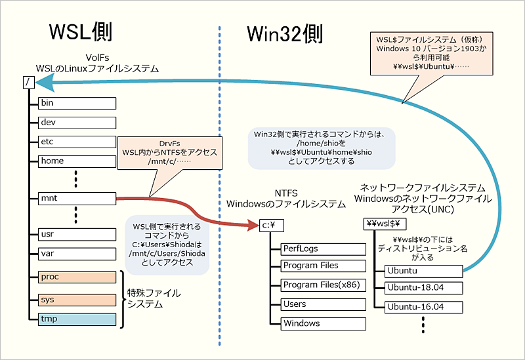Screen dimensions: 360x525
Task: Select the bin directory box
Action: [77, 103]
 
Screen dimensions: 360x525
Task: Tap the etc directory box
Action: [77, 142]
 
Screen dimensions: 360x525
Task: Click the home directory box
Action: [77, 161]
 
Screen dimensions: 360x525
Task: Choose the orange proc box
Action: [77, 277]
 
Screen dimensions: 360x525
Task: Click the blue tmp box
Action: [77, 319]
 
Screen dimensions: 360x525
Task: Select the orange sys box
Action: [77, 299]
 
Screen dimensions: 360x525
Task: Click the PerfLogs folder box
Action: [323, 249]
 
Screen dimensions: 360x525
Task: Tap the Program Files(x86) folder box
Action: [323, 285]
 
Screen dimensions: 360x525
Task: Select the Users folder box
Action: [323, 304]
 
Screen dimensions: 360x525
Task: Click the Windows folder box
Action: [323, 323]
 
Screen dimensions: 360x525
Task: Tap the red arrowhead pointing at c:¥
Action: [252, 225]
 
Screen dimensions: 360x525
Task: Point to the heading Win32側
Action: [285, 33]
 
